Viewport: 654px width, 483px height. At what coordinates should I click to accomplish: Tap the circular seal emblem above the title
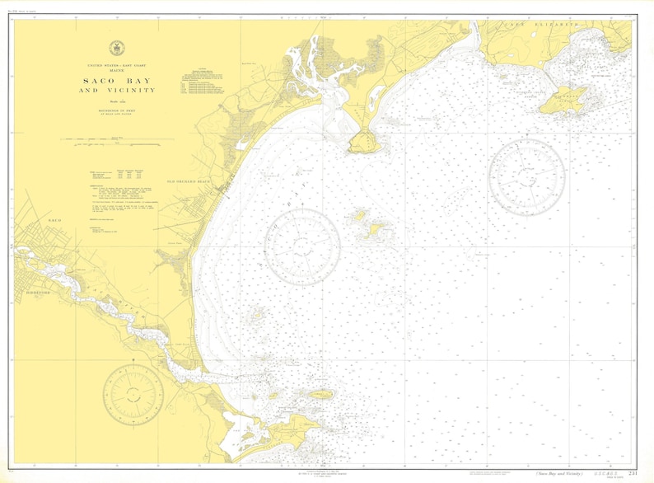pos(117,49)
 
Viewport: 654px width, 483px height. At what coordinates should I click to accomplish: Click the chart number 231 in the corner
pos(632,474)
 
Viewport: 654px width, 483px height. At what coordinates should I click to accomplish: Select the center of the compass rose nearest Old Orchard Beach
pos(302,244)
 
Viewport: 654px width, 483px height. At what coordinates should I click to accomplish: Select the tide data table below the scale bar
pos(124,175)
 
